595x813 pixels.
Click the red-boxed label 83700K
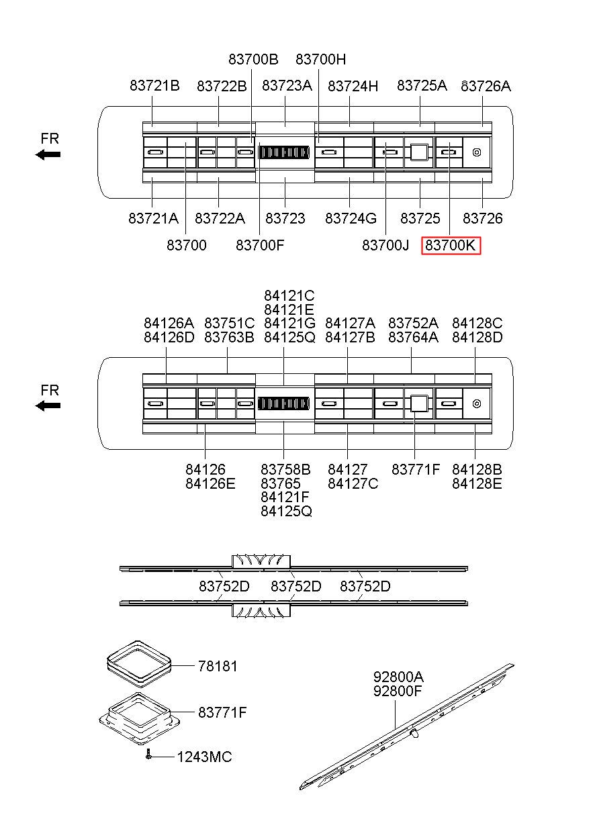[451, 246]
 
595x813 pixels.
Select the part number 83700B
[253, 59]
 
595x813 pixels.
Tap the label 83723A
[287, 85]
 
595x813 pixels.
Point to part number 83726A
[486, 85]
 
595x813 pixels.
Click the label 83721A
[153, 218]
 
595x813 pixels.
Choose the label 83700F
[260, 246]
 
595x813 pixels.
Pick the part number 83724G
[351, 218]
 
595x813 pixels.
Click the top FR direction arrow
[48, 154]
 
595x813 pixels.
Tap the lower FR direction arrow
[48, 405]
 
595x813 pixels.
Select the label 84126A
[169, 323]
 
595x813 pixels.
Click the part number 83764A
[413, 337]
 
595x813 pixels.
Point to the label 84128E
[477, 483]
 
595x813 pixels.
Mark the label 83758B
[285, 469]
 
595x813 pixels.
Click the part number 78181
[218, 666]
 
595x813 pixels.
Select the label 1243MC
[204, 757]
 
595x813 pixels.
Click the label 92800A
[398, 675]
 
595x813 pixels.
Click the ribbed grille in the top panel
[284, 152]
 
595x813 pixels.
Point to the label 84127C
[353, 483]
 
